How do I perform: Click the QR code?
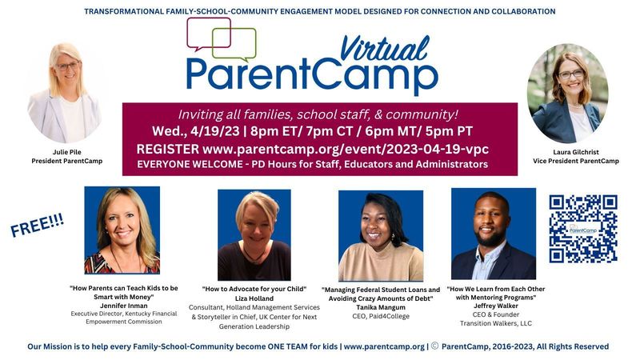coord(582,229)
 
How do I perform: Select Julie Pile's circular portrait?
coord(65,93)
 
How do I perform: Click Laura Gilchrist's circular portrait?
coord(567,93)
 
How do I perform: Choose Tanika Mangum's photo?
coord(381,236)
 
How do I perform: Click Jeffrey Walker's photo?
coord(493,233)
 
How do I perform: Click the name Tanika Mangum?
coord(380,307)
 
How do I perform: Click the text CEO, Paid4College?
coord(380,317)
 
